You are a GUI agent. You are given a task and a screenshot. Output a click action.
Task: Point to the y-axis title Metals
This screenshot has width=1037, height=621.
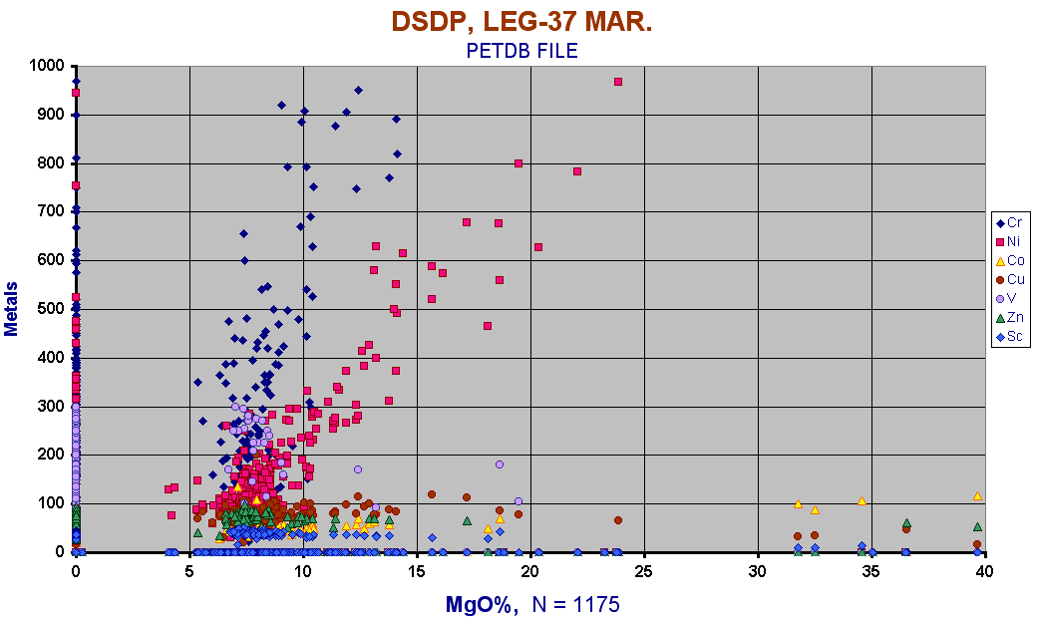click(13, 308)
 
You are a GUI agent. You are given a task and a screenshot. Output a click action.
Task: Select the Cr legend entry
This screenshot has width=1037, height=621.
click(1009, 223)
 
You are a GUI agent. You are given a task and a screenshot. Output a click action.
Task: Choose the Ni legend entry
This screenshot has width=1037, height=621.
click(1009, 242)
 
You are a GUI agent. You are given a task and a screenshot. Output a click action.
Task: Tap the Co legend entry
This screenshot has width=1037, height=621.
click(1009, 261)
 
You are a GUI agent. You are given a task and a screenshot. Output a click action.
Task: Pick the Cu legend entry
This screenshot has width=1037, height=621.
click(1009, 280)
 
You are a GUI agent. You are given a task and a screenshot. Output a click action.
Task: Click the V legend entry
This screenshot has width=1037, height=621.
click(1009, 299)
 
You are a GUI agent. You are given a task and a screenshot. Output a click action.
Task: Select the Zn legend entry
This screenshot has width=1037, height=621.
click(1009, 318)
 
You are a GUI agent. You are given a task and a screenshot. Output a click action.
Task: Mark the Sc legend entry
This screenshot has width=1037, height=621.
click(1009, 337)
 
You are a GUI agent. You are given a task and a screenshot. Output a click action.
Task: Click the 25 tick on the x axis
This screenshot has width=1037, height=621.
click(644, 571)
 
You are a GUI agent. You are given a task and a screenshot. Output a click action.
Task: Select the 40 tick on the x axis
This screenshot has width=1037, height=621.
click(984, 571)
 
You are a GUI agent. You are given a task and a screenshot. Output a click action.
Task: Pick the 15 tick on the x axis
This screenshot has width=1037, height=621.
click(417, 571)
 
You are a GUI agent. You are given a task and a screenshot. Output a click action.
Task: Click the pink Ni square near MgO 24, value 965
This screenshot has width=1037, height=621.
click(618, 82)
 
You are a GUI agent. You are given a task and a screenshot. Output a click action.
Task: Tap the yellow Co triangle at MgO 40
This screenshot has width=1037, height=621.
click(977, 495)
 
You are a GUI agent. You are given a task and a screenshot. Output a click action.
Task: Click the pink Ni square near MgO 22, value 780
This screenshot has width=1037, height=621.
click(577, 171)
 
